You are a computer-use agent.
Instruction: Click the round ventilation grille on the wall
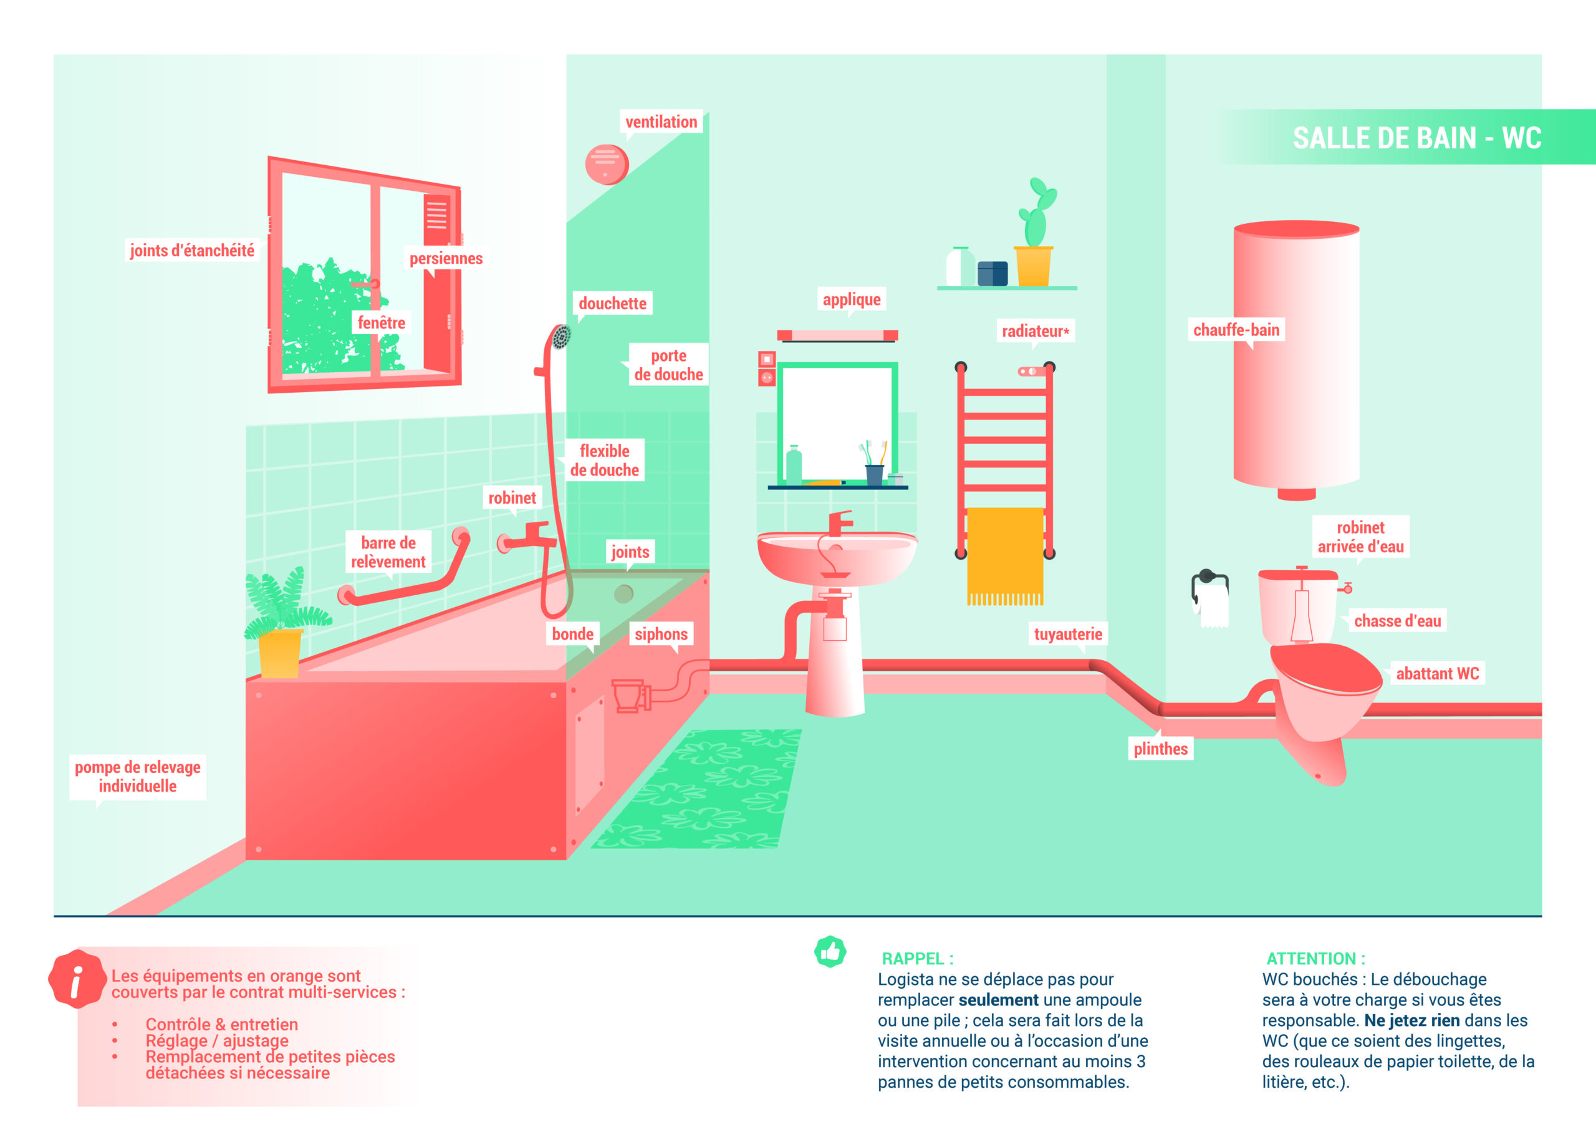tap(607, 165)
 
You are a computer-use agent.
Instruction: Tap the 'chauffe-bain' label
tap(1236, 330)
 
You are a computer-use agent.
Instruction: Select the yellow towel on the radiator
tap(1005, 556)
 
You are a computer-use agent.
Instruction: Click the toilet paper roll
tap(1213, 605)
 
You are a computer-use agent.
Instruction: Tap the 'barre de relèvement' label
tap(388, 552)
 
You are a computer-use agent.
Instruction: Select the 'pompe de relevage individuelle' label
tap(137, 777)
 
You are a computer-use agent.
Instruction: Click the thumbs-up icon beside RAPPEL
tap(830, 951)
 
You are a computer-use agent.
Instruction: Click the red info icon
tap(76, 979)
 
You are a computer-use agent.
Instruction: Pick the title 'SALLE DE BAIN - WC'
tap(1417, 138)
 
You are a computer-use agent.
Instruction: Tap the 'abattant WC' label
tap(1437, 673)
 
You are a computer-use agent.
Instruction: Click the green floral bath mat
tap(697, 789)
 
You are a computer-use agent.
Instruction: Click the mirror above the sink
tap(837, 423)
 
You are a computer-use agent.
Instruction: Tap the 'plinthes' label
tap(1160, 749)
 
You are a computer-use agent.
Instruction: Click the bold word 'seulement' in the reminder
tap(998, 1000)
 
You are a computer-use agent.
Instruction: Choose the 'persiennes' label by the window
tap(446, 259)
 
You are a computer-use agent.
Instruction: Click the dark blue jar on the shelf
tap(993, 273)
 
